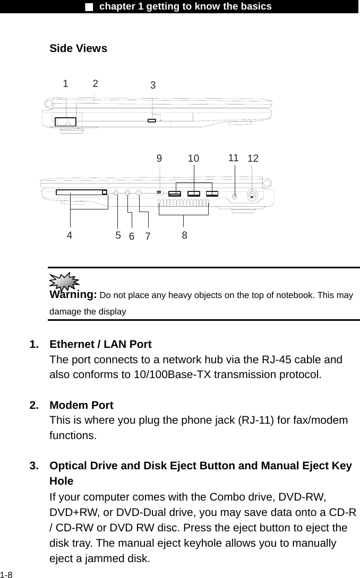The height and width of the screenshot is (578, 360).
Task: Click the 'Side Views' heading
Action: click(78, 49)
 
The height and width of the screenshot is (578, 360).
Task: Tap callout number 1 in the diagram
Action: click(65, 83)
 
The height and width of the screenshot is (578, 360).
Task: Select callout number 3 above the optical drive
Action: click(153, 85)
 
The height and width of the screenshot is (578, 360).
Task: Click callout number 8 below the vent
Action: click(184, 234)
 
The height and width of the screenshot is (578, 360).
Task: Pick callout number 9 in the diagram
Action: click(159, 158)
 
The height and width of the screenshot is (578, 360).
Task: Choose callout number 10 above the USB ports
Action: click(193, 159)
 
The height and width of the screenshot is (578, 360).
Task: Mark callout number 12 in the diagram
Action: click(253, 159)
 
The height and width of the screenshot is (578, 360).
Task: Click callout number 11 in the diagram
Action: click(234, 157)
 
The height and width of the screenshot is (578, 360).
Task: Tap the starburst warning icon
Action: click(64, 281)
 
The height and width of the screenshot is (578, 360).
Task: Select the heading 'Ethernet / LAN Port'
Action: click(100, 345)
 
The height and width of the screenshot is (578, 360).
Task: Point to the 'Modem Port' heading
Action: click(81, 406)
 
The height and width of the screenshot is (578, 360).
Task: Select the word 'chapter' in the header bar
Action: click(118, 6)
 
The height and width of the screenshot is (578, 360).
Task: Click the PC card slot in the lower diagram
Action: click(81, 192)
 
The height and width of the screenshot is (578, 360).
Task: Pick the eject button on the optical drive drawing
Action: click(152, 121)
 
